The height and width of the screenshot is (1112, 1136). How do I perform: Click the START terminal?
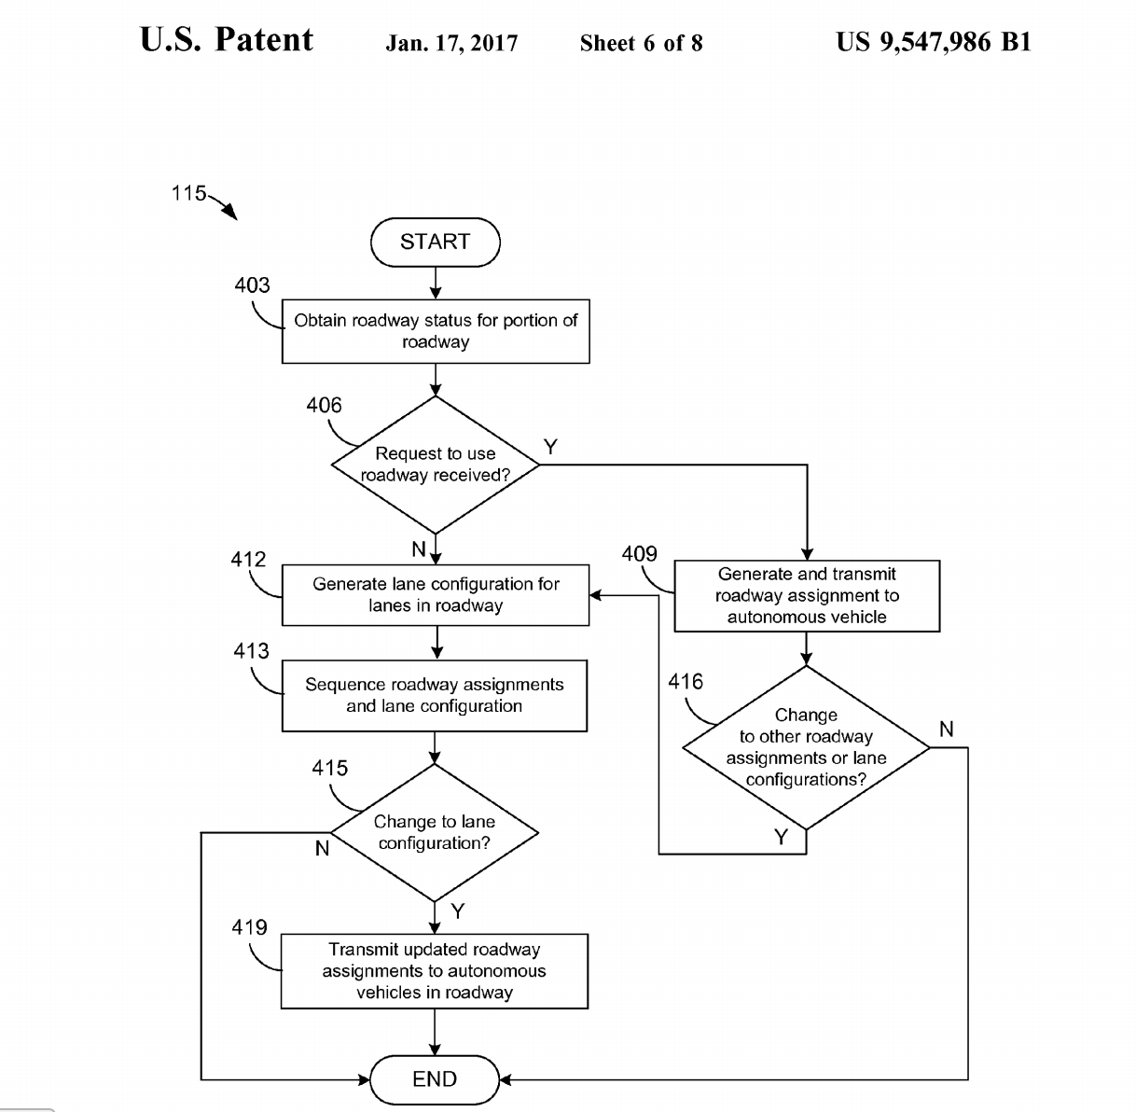tap(435, 243)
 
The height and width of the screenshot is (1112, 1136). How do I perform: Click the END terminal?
tap(435, 1079)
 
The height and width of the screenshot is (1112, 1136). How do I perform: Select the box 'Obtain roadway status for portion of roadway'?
tap(436, 331)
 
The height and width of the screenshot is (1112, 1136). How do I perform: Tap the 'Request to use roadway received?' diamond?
tap(436, 465)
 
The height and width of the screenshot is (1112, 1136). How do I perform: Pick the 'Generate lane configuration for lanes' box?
tap(436, 595)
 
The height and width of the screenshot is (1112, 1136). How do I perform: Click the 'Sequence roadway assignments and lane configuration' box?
tap(435, 696)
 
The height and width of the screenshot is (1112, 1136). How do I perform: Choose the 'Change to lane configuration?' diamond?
tap(435, 832)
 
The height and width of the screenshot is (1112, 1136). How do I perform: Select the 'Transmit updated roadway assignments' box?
tap(435, 971)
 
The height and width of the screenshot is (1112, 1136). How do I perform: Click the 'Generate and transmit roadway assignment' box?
tap(807, 596)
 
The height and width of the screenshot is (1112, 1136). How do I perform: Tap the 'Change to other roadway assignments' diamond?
tap(806, 747)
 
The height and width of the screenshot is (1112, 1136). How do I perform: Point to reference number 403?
tap(252, 285)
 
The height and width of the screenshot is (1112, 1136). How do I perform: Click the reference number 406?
tap(324, 406)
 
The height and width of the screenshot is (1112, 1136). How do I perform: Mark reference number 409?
tap(639, 554)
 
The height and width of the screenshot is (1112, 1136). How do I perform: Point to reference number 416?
tap(686, 682)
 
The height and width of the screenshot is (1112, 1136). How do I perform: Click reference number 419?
tap(249, 927)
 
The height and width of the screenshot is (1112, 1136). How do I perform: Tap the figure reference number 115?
tap(188, 193)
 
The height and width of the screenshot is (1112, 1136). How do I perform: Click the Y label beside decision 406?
tap(550, 448)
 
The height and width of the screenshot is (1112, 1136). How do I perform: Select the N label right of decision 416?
tap(946, 730)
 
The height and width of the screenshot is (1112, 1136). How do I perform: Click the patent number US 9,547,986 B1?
tap(933, 42)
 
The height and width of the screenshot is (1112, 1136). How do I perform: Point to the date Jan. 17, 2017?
tap(451, 43)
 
